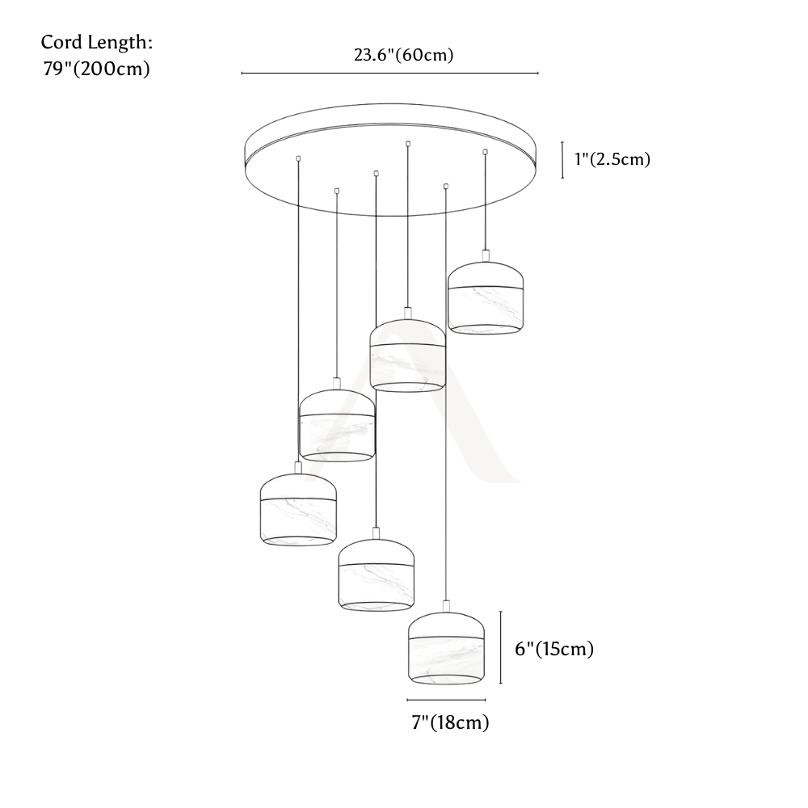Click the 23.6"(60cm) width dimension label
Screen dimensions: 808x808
[403, 55]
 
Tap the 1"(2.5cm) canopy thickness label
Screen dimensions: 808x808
[612, 159]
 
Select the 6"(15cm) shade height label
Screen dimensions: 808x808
[554, 649]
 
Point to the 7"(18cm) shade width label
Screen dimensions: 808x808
[450, 722]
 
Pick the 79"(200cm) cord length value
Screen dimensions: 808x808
[96, 69]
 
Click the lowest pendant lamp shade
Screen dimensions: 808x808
[446, 648]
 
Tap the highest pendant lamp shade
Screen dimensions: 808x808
[486, 298]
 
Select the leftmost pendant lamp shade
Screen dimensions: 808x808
[298, 510]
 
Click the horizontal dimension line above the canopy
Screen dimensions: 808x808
[390, 74]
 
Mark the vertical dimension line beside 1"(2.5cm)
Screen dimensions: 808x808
[562, 160]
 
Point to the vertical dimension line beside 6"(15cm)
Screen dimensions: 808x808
[501, 648]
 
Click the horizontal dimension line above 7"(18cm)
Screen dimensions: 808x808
[446, 700]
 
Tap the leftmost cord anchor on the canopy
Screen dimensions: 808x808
[298, 158]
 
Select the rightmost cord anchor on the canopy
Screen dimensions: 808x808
[485, 152]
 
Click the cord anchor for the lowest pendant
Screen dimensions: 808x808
[446, 186]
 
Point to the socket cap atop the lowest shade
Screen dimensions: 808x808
[446, 606]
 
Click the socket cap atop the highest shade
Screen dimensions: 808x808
[486, 255]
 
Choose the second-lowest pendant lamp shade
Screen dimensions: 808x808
[377, 575]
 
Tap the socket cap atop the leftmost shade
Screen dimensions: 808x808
[298, 467]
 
